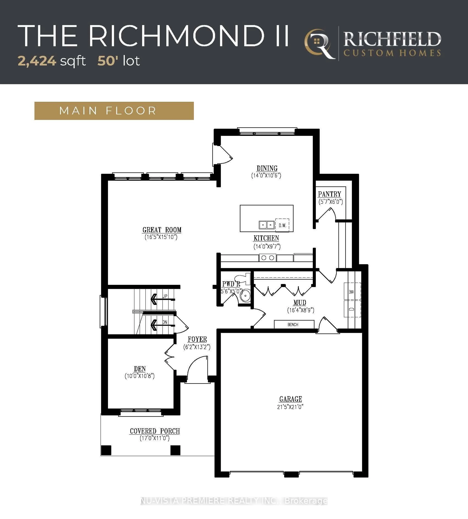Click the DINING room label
(267, 168)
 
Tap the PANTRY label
(329, 194)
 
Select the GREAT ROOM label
(162, 230)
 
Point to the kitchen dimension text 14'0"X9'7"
(267, 247)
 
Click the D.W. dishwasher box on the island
(282, 225)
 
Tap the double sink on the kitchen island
(267, 225)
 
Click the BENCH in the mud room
(294, 324)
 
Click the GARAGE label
(291, 399)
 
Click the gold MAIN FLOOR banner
(114, 111)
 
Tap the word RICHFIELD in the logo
(392, 39)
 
